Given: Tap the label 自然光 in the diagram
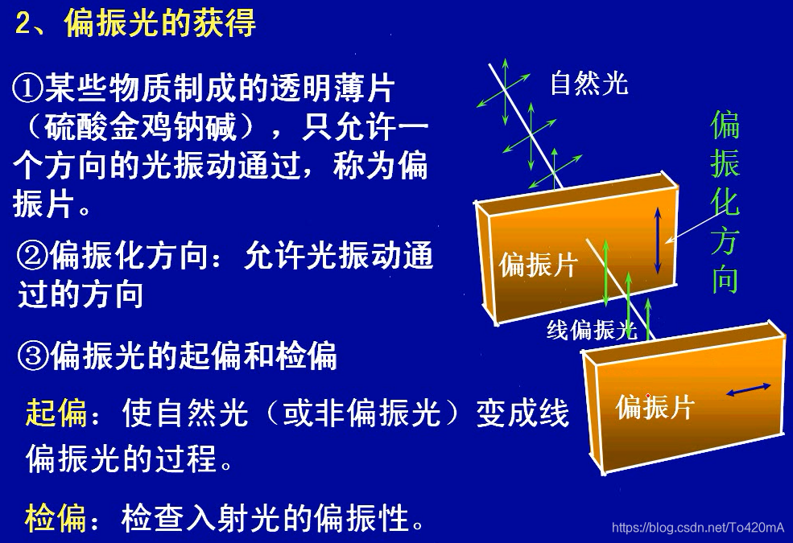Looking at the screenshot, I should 589,83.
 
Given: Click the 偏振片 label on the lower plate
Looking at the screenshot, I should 654,407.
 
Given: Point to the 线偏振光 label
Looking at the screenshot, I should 592,330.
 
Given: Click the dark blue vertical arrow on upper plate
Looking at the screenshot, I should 658,240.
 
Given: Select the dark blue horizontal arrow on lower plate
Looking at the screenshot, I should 748,389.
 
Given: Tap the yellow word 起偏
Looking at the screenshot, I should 56,413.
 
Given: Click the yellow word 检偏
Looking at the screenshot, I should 56,518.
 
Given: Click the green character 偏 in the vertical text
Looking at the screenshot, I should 725,125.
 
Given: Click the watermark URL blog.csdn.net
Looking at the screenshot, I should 697,528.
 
